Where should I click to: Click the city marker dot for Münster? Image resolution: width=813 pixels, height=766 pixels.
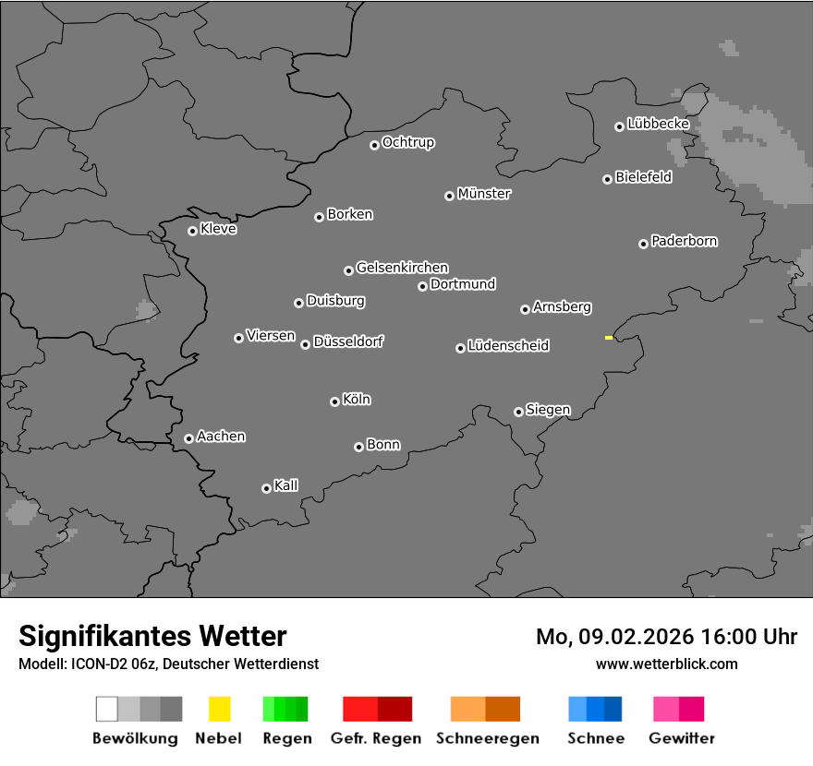point(449,196)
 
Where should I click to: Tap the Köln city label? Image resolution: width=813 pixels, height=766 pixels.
point(356,400)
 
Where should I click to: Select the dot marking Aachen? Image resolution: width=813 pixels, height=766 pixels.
point(188,438)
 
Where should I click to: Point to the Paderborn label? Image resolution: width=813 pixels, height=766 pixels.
point(684,241)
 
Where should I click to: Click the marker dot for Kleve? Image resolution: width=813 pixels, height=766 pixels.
point(192,231)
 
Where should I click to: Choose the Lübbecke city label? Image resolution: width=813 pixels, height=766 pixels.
point(658,124)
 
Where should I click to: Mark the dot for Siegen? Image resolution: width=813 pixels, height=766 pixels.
point(518,412)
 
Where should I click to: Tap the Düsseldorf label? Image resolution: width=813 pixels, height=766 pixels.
point(348,341)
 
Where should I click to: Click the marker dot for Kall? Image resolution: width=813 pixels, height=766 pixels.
point(266,488)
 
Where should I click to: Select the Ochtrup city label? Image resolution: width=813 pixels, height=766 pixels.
point(407,142)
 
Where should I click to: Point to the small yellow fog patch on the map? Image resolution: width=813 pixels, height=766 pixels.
point(609,338)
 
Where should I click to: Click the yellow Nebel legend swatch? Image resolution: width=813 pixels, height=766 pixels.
point(219,709)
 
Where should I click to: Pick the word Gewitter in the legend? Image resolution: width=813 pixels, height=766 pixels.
point(682,738)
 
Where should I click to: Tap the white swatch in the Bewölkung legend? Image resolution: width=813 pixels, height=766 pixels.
point(107,709)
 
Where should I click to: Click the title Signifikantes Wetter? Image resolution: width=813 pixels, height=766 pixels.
point(152,636)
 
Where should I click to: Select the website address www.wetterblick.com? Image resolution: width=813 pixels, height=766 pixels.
point(667,664)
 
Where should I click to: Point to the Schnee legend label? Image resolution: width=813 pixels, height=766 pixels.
point(595,738)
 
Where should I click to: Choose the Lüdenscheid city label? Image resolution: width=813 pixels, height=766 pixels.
point(508,346)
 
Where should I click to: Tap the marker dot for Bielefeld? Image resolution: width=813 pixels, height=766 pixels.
point(607,179)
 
